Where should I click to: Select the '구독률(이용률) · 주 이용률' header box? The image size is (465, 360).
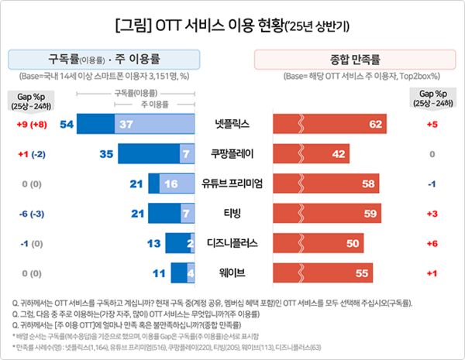pyautogui.click(x=105, y=59)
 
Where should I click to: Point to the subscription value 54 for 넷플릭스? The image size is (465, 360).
pyautogui.click(x=66, y=124)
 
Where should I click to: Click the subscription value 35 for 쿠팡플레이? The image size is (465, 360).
pyautogui.click(x=107, y=154)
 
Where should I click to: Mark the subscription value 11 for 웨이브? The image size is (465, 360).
pyautogui.click(x=158, y=273)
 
